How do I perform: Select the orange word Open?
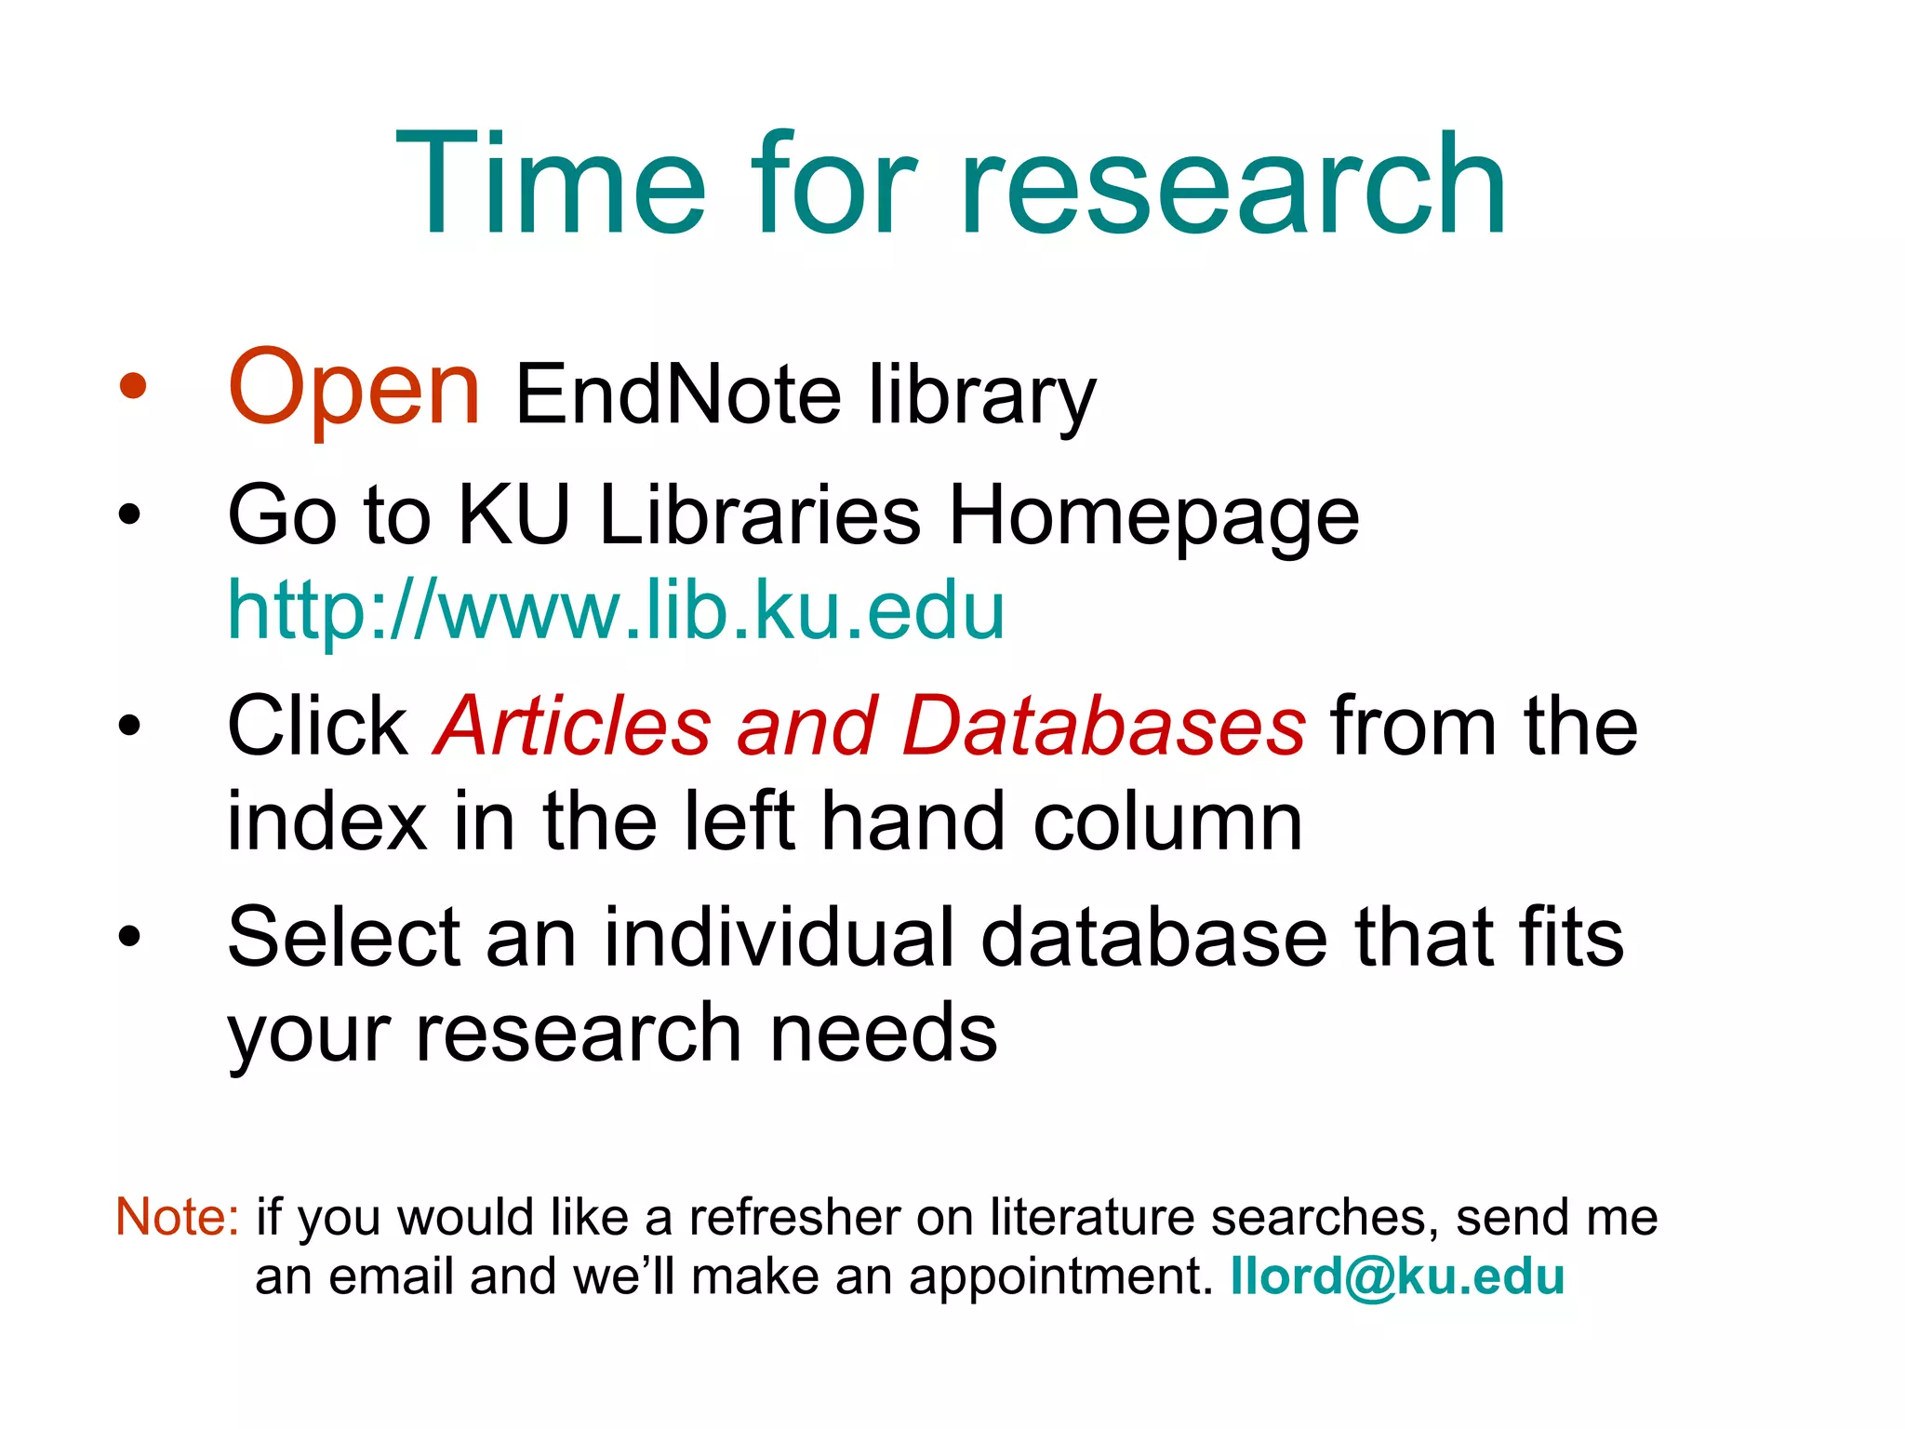click(354, 389)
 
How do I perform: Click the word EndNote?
click(678, 394)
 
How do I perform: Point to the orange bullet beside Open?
click(133, 386)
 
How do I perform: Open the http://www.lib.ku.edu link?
click(616, 611)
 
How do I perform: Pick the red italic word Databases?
click(1104, 727)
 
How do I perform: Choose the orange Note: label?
click(178, 1217)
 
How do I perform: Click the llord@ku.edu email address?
click(1397, 1276)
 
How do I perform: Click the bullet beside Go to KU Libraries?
click(129, 514)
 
